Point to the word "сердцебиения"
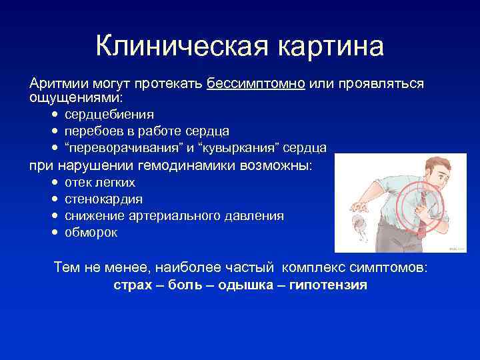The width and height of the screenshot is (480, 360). pos(109,114)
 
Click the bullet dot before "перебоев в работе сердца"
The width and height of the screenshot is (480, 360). pos(54,131)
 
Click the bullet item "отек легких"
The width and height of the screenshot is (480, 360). pos(100,183)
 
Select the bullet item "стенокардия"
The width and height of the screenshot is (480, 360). pos(103,199)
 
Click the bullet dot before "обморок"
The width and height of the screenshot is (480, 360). pos(54,233)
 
